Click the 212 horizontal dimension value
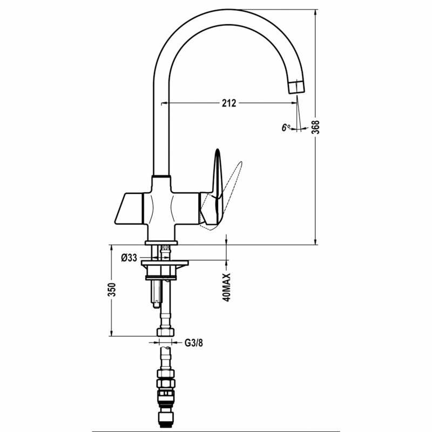click(x=229, y=103)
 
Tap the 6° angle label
click(x=285, y=127)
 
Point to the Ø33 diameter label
click(x=129, y=258)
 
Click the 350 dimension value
click(x=112, y=291)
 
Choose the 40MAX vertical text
click(x=227, y=287)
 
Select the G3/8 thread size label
click(x=193, y=342)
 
